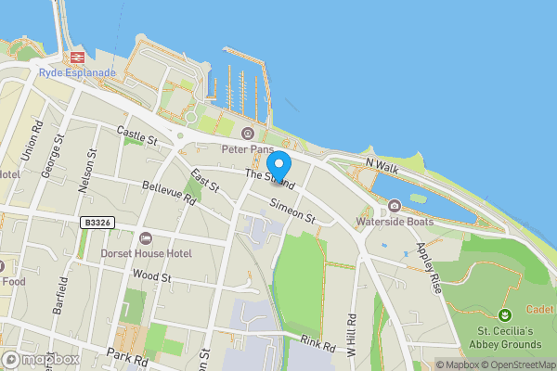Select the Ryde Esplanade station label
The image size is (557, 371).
click(x=77, y=72)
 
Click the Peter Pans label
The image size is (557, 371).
click(x=248, y=147)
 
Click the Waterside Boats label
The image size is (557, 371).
click(x=395, y=222)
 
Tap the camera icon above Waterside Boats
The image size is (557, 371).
click(x=395, y=206)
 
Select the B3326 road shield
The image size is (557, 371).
click(x=96, y=223)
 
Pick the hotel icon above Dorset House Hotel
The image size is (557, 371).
click(x=146, y=238)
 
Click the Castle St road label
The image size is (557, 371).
click(x=138, y=137)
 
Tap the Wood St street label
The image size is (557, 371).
click(x=152, y=275)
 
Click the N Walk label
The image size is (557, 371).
click(x=382, y=163)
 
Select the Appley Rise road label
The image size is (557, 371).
click(x=429, y=268)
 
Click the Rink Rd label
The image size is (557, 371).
click(x=316, y=342)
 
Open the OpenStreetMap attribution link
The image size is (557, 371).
click(x=515, y=365)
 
